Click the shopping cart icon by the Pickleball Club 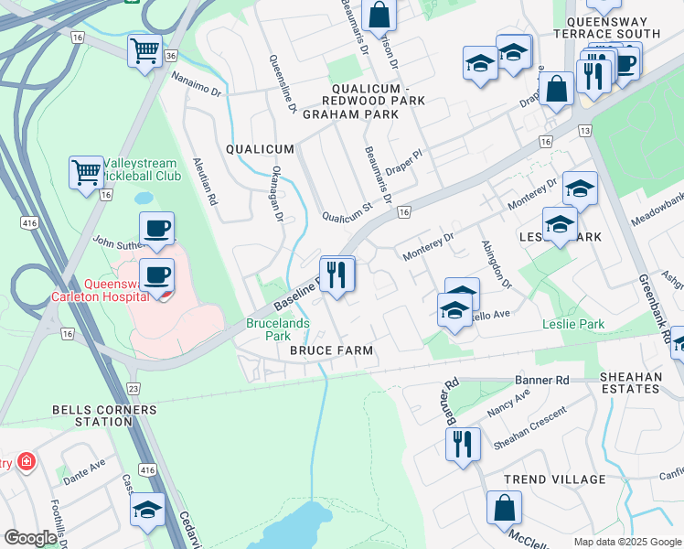(x=85, y=171)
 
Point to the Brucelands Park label (x=277, y=329)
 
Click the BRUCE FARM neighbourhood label (x=331, y=350)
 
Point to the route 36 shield (x=171, y=57)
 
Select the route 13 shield (x=584, y=133)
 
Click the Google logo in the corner (x=30, y=538)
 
